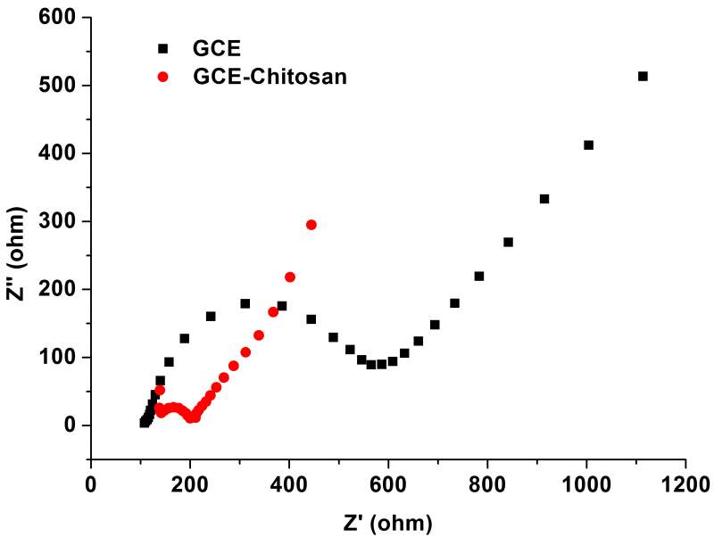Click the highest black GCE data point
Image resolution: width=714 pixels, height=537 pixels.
(x=643, y=77)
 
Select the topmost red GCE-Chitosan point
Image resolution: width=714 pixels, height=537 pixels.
(x=311, y=225)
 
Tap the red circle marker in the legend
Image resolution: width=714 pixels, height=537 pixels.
(x=162, y=77)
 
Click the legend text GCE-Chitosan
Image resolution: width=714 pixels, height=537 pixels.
(x=270, y=77)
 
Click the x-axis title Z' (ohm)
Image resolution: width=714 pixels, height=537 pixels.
(x=388, y=521)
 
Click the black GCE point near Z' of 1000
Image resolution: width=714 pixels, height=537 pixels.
(x=588, y=145)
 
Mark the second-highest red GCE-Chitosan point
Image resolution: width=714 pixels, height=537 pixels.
(x=290, y=277)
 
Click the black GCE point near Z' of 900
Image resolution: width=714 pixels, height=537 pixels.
(x=544, y=199)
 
